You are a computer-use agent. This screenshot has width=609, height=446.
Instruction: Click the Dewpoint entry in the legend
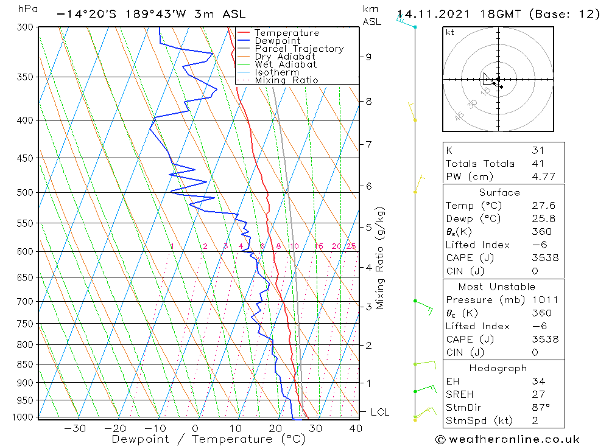(277, 41)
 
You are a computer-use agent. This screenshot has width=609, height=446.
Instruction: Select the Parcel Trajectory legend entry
(299, 49)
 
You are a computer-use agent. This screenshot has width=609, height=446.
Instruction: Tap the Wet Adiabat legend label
(286, 64)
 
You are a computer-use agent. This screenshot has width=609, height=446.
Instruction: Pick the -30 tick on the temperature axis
(75, 428)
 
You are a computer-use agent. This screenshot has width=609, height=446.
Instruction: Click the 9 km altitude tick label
(368, 57)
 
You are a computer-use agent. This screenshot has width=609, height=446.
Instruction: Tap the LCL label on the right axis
(379, 413)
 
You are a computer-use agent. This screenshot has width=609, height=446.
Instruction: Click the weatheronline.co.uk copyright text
(507, 439)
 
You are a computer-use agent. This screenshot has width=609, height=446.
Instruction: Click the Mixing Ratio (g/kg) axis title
(381, 257)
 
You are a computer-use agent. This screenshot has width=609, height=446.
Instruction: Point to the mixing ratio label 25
(351, 246)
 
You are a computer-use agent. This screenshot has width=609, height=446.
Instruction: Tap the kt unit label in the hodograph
(450, 32)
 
